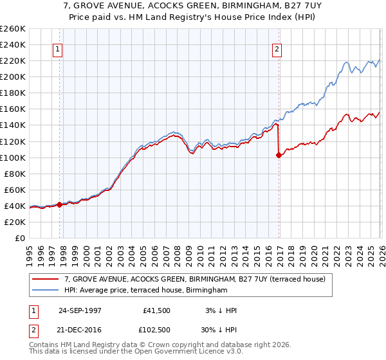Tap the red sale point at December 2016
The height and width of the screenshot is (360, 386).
279,155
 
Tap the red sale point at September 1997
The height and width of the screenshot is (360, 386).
60,204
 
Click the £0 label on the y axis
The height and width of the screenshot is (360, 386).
20,238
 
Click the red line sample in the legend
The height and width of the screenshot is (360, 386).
45,279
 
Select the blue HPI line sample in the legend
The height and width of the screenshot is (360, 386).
45,291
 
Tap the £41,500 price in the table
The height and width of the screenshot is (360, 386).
157,310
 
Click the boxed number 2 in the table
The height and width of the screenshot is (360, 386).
33,330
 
